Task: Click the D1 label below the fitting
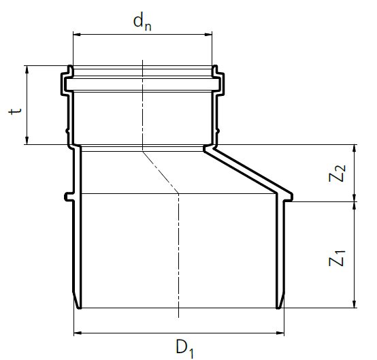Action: tap(184, 348)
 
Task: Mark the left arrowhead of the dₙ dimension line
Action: tap(75, 33)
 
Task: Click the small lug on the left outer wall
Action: tap(67, 197)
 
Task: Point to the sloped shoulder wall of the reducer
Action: tap(248, 171)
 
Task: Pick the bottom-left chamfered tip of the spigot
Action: tap(76, 304)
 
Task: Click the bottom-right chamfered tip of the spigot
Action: tap(280, 304)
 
